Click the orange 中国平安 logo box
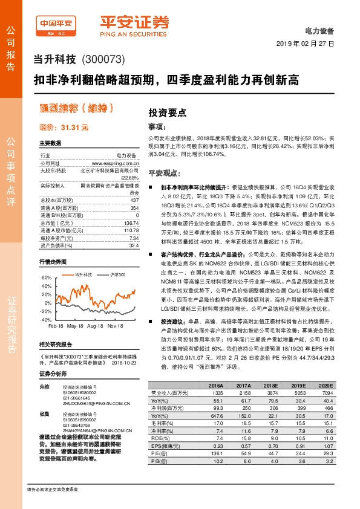pyautogui.click(x=57, y=23)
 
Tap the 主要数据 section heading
pyautogui.click(x=50, y=143)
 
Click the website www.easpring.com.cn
pyautogui.click(x=116, y=163)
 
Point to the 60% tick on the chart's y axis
pyautogui.click(x=46, y=277)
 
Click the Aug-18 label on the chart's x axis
pyautogui.click(x=95, y=325)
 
